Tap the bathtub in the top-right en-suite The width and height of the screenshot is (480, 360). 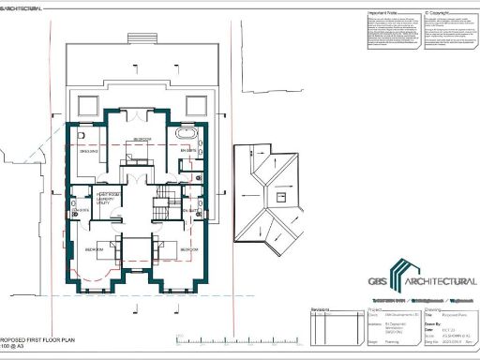(x=179, y=138)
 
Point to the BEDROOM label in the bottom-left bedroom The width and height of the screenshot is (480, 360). (x=95, y=250)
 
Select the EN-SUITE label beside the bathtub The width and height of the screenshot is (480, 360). (x=186, y=151)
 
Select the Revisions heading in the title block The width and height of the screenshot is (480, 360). (x=323, y=306)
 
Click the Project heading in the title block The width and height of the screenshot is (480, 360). (x=374, y=306)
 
